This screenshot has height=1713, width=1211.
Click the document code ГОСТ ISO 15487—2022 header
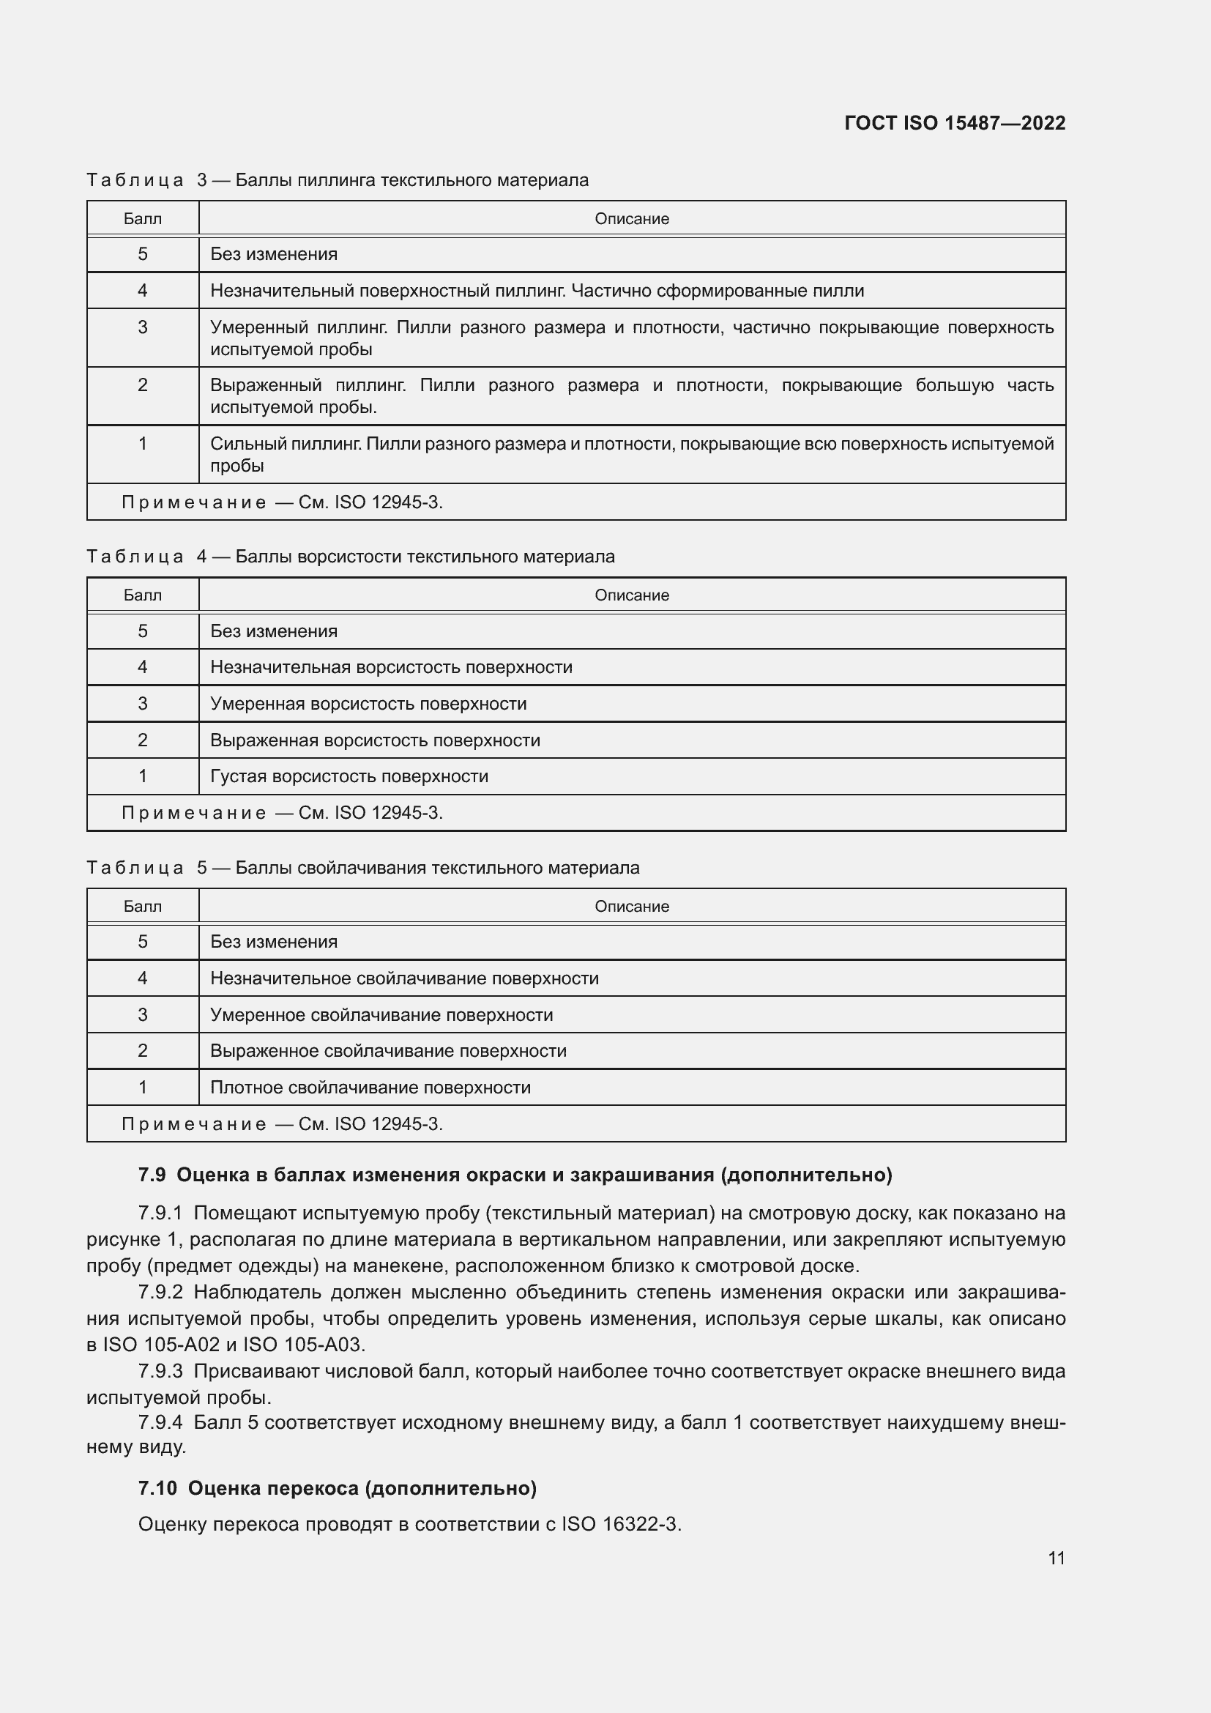[954, 123]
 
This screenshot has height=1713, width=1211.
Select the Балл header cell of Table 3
[143, 218]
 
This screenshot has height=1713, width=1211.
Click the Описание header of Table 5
[631, 906]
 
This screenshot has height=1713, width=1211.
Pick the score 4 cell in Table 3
[143, 290]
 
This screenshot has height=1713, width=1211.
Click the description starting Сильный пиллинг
[631, 453]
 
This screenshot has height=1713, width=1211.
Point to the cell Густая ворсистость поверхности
[349, 776]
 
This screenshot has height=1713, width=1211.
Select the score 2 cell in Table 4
[143, 740]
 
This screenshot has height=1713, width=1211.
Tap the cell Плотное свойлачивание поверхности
[370, 1087]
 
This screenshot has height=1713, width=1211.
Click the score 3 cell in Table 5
[143, 1014]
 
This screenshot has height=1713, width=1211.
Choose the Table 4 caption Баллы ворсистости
[425, 557]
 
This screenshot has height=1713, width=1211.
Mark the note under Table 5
[282, 1123]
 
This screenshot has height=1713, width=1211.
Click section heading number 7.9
[152, 1175]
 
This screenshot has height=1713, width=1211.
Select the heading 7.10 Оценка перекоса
[337, 1488]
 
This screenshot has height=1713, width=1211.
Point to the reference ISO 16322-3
[620, 1523]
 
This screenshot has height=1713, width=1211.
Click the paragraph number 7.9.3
[160, 1371]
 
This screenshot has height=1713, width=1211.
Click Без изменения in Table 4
[274, 631]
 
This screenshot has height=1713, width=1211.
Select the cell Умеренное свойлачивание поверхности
[381, 1014]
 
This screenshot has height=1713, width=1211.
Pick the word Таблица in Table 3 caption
[135, 180]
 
